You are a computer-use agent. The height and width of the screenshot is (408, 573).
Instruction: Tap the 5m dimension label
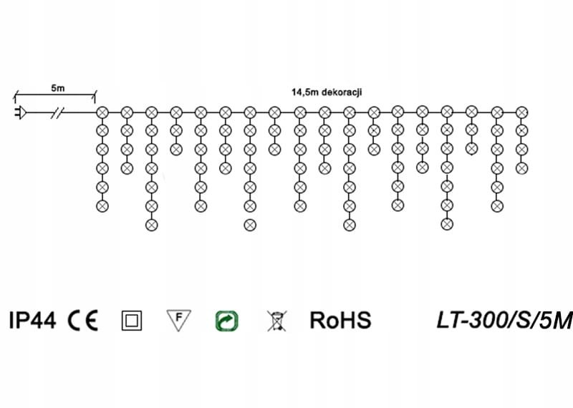(x=57, y=89)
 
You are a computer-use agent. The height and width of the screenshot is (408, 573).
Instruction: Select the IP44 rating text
(x=32, y=320)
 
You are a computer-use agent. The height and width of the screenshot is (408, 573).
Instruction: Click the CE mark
(x=85, y=320)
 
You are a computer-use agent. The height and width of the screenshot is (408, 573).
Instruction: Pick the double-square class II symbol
(x=132, y=320)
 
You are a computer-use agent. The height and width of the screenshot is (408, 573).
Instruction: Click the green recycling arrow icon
(x=226, y=320)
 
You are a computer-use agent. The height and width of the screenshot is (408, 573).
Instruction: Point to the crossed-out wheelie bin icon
(x=274, y=320)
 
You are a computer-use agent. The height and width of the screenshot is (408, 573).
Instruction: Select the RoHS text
(x=340, y=320)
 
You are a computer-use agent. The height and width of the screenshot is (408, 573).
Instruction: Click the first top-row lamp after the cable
(x=102, y=112)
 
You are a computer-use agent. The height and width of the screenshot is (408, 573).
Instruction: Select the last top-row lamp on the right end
(x=521, y=112)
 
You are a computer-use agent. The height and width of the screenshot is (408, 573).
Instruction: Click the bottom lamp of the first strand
(x=102, y=205)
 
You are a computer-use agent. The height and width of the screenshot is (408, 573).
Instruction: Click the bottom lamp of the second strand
(x=127, y=168)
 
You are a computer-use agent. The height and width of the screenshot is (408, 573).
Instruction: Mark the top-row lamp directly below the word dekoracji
(x=350, y=112)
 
